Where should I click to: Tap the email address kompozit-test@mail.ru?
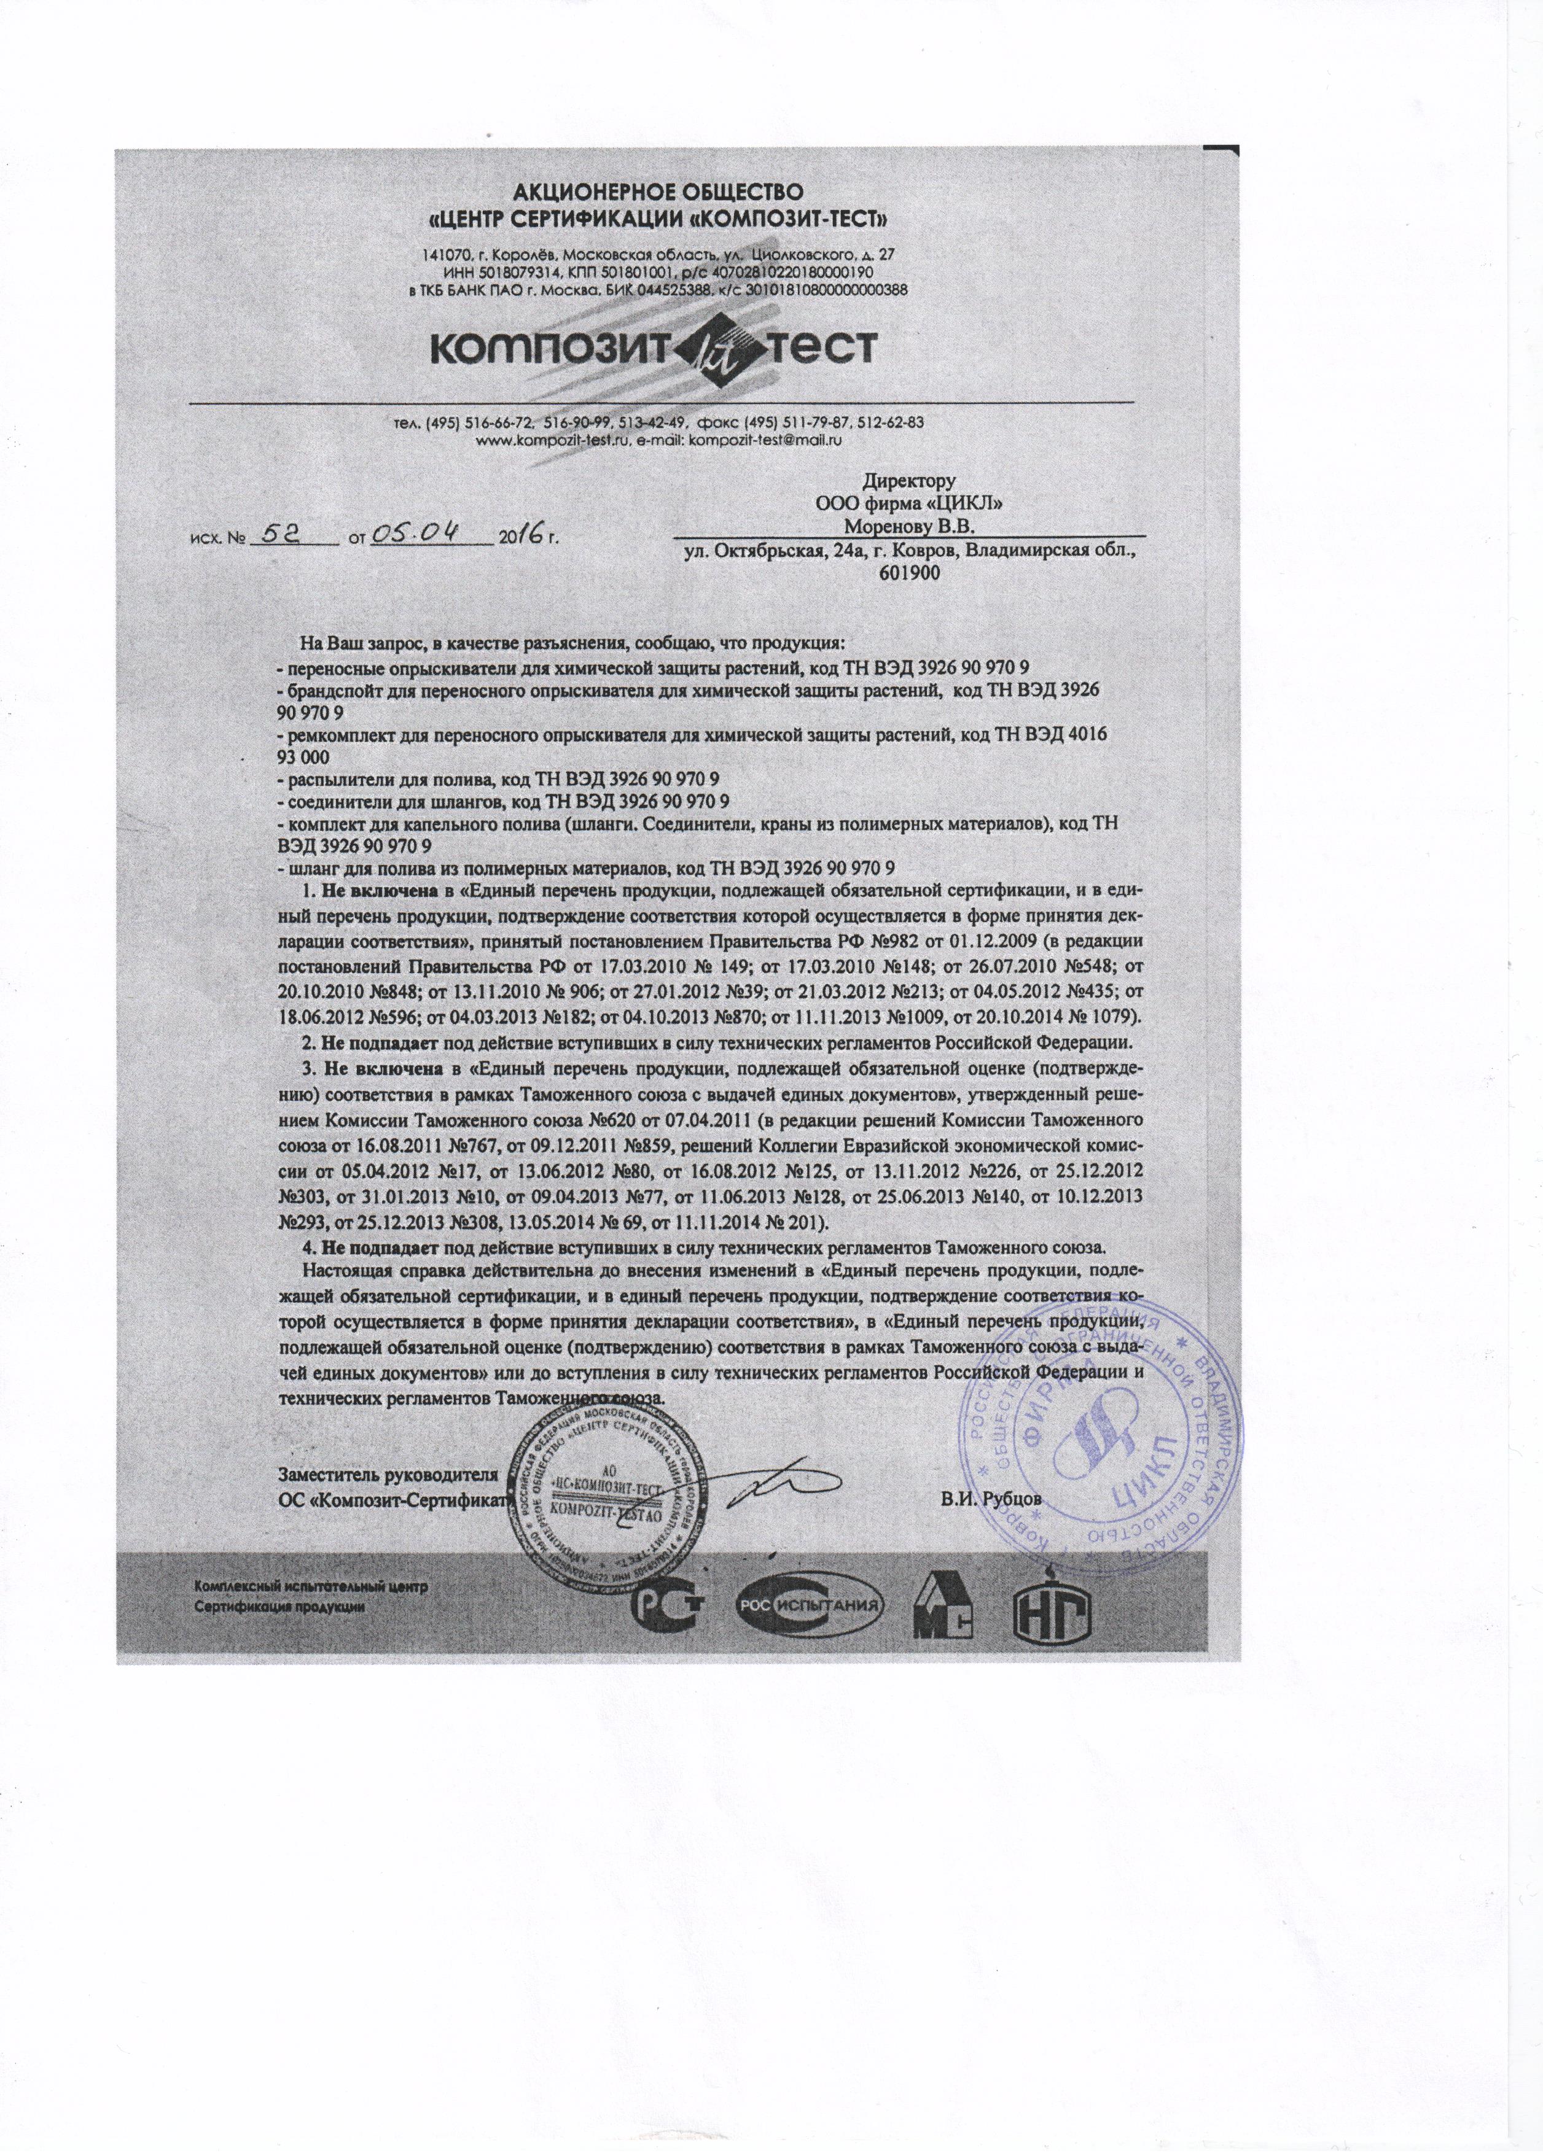coord(765,440)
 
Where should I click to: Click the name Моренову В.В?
coord(910,525)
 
